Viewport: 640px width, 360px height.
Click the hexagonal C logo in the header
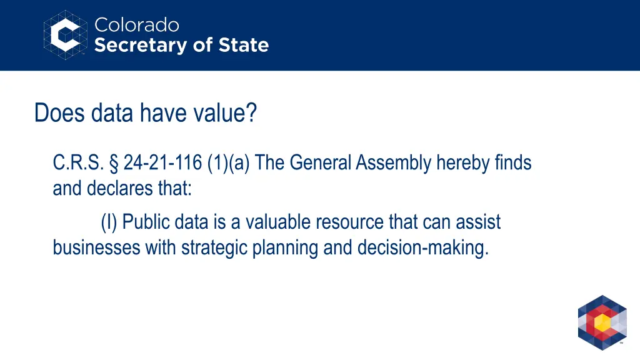pos(65,34)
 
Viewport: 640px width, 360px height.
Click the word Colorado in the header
pos(136,25)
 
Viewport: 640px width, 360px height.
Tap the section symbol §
pos(114,163)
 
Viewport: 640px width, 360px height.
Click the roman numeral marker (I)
pos(109,222)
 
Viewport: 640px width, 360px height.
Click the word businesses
pos(97,247)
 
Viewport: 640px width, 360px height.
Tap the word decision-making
pos(422,247)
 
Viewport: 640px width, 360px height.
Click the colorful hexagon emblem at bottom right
pos(602,322)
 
